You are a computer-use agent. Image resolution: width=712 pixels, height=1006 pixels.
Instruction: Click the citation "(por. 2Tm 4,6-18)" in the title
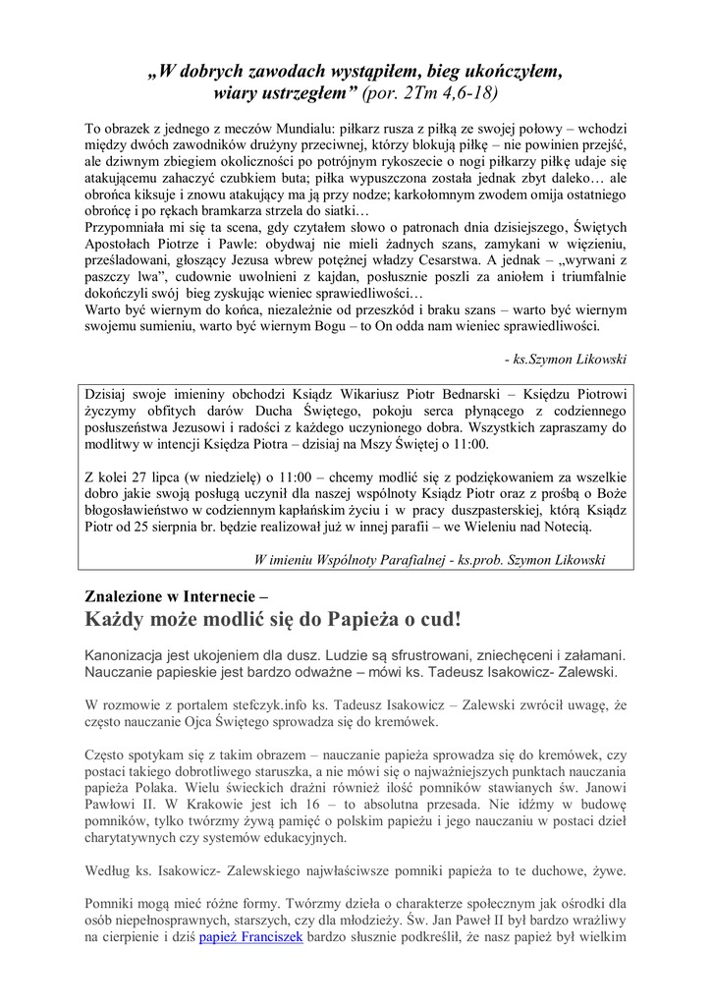point(430,94)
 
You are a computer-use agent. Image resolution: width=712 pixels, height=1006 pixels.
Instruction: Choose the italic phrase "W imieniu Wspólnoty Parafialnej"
point(348,559)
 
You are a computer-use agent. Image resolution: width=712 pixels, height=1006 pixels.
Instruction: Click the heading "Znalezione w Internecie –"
point(177,595)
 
